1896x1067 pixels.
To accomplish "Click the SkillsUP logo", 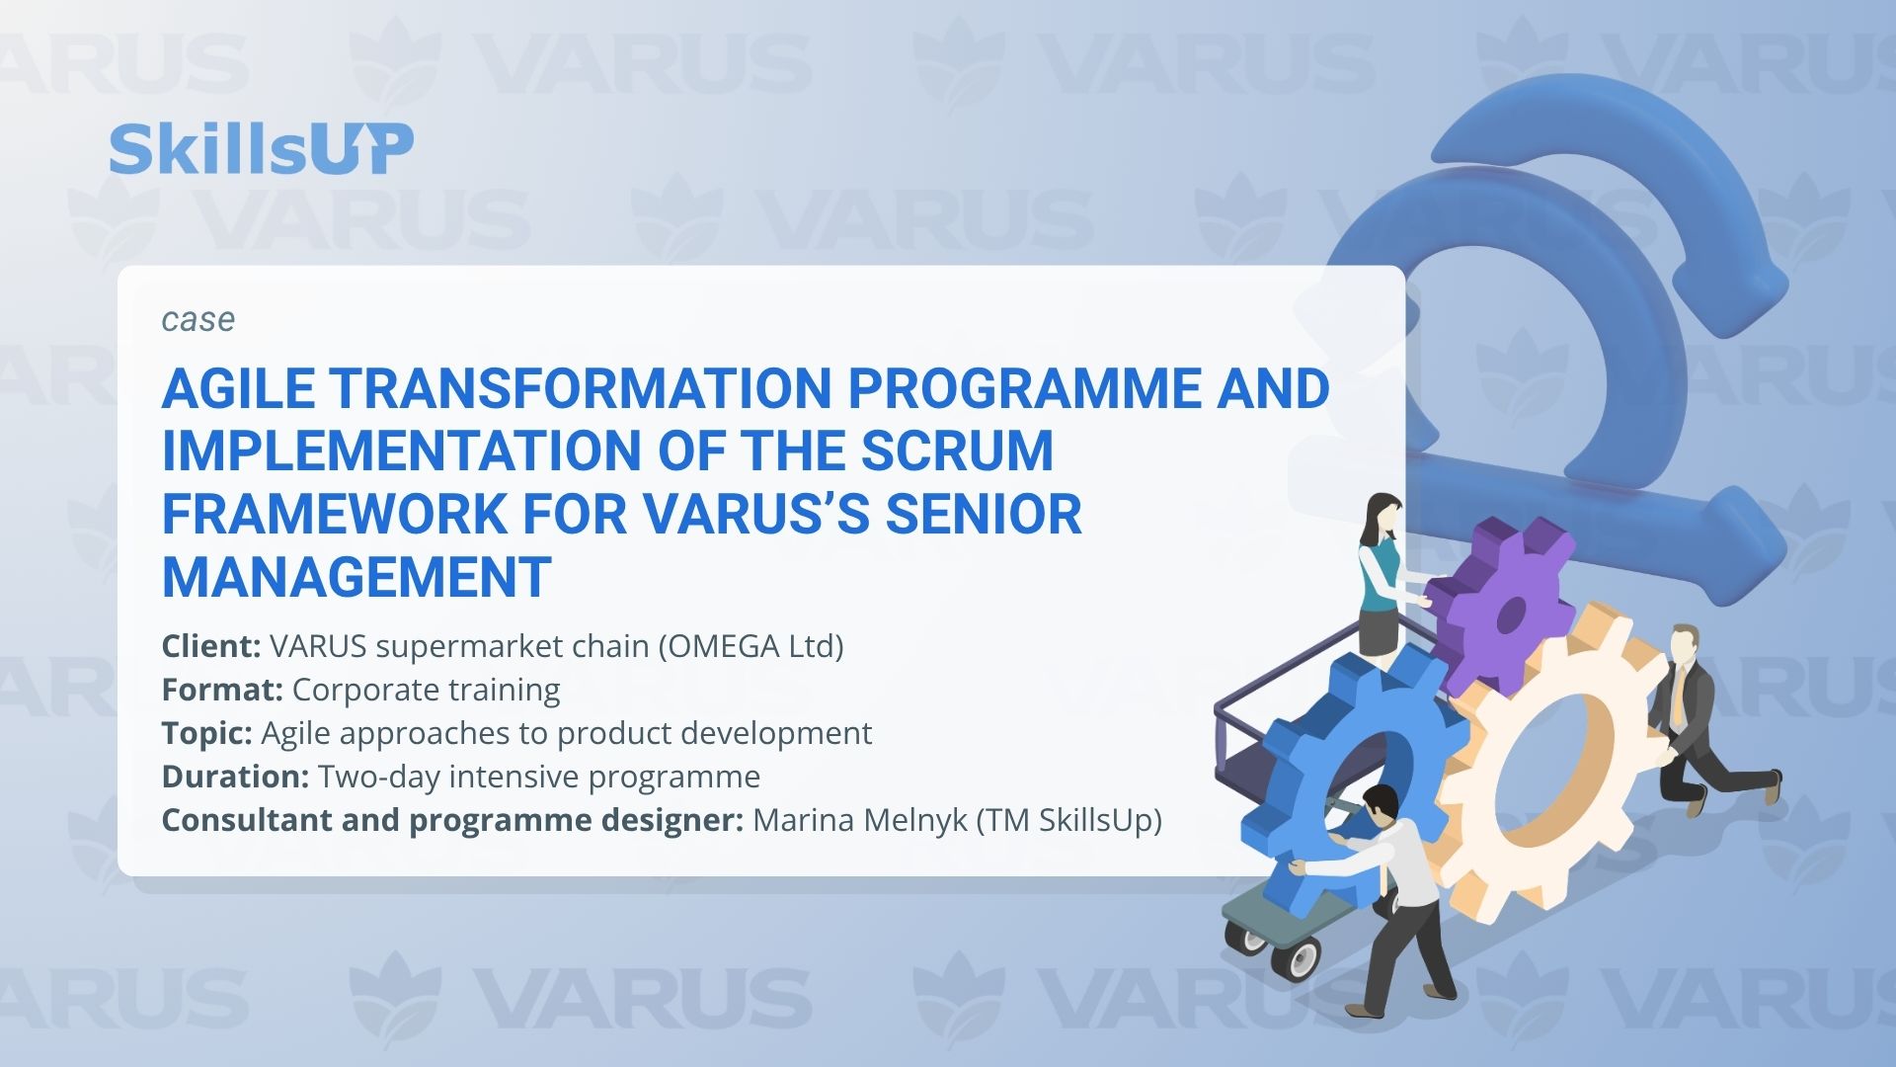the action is [x=261, y=149].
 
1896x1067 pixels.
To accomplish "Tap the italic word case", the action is [x=198, y=319].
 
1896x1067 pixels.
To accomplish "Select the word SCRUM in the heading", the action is [x=957, y=451].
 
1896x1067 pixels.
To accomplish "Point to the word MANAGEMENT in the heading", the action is [x=356, y=578].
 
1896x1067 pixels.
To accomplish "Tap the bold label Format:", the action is [x=223, y=690].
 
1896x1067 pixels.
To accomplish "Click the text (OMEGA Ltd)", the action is [x=750, y=646].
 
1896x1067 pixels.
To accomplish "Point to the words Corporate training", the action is [x=427, y=690].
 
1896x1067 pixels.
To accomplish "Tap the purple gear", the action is [x=1500, y=605].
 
